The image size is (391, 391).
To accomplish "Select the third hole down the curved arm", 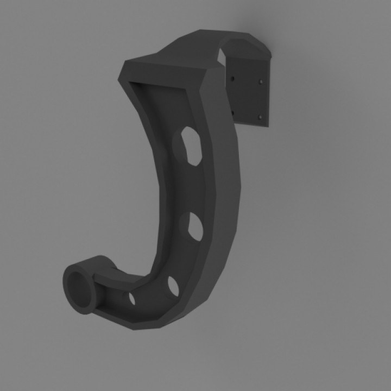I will pos(173,286).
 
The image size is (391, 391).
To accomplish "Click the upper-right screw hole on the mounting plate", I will pos(262,82).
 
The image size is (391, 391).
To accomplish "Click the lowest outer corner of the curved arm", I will pos(157,327).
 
